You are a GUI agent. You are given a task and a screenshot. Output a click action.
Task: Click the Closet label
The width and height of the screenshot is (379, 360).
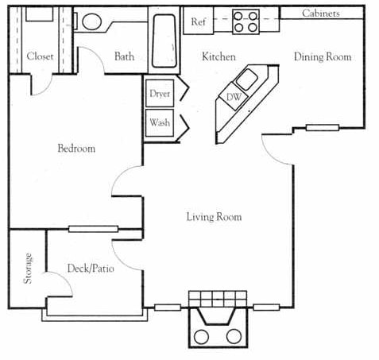(x=40, y=56)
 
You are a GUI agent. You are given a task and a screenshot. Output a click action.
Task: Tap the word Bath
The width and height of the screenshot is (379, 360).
(x=125, y=56)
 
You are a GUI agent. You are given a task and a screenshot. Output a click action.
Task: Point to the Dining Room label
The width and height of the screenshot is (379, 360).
(x=322, y=57)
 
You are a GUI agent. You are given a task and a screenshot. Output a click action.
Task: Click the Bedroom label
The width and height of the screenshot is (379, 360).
(x=76, y=149)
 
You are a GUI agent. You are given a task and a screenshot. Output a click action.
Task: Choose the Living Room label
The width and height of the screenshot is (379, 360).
(x=214, y=217)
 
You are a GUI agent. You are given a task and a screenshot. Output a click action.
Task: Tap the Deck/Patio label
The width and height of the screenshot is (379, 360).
(x=90, y=269)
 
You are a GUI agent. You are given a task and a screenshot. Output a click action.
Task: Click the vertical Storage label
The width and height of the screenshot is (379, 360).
(x=29, y=269)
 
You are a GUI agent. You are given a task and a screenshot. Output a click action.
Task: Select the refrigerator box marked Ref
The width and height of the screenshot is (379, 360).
(x=198, y=22)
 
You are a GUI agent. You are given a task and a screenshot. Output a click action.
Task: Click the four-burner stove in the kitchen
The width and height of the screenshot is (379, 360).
(x=246, y=21)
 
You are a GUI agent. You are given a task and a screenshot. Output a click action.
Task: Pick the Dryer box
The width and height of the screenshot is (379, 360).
(x=160, y=94)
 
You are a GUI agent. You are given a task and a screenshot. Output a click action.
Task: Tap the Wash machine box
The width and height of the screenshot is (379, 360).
(x=159, y=123)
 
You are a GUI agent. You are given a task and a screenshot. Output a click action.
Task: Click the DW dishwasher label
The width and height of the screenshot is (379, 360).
(x=234, y=98)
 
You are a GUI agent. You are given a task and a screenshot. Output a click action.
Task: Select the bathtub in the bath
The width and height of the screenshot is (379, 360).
(x=165, y=41)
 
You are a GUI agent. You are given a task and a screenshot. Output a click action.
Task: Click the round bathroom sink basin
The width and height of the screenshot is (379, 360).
(x=93, y=21)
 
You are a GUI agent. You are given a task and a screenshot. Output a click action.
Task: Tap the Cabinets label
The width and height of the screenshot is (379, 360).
(x=321, y=14)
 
